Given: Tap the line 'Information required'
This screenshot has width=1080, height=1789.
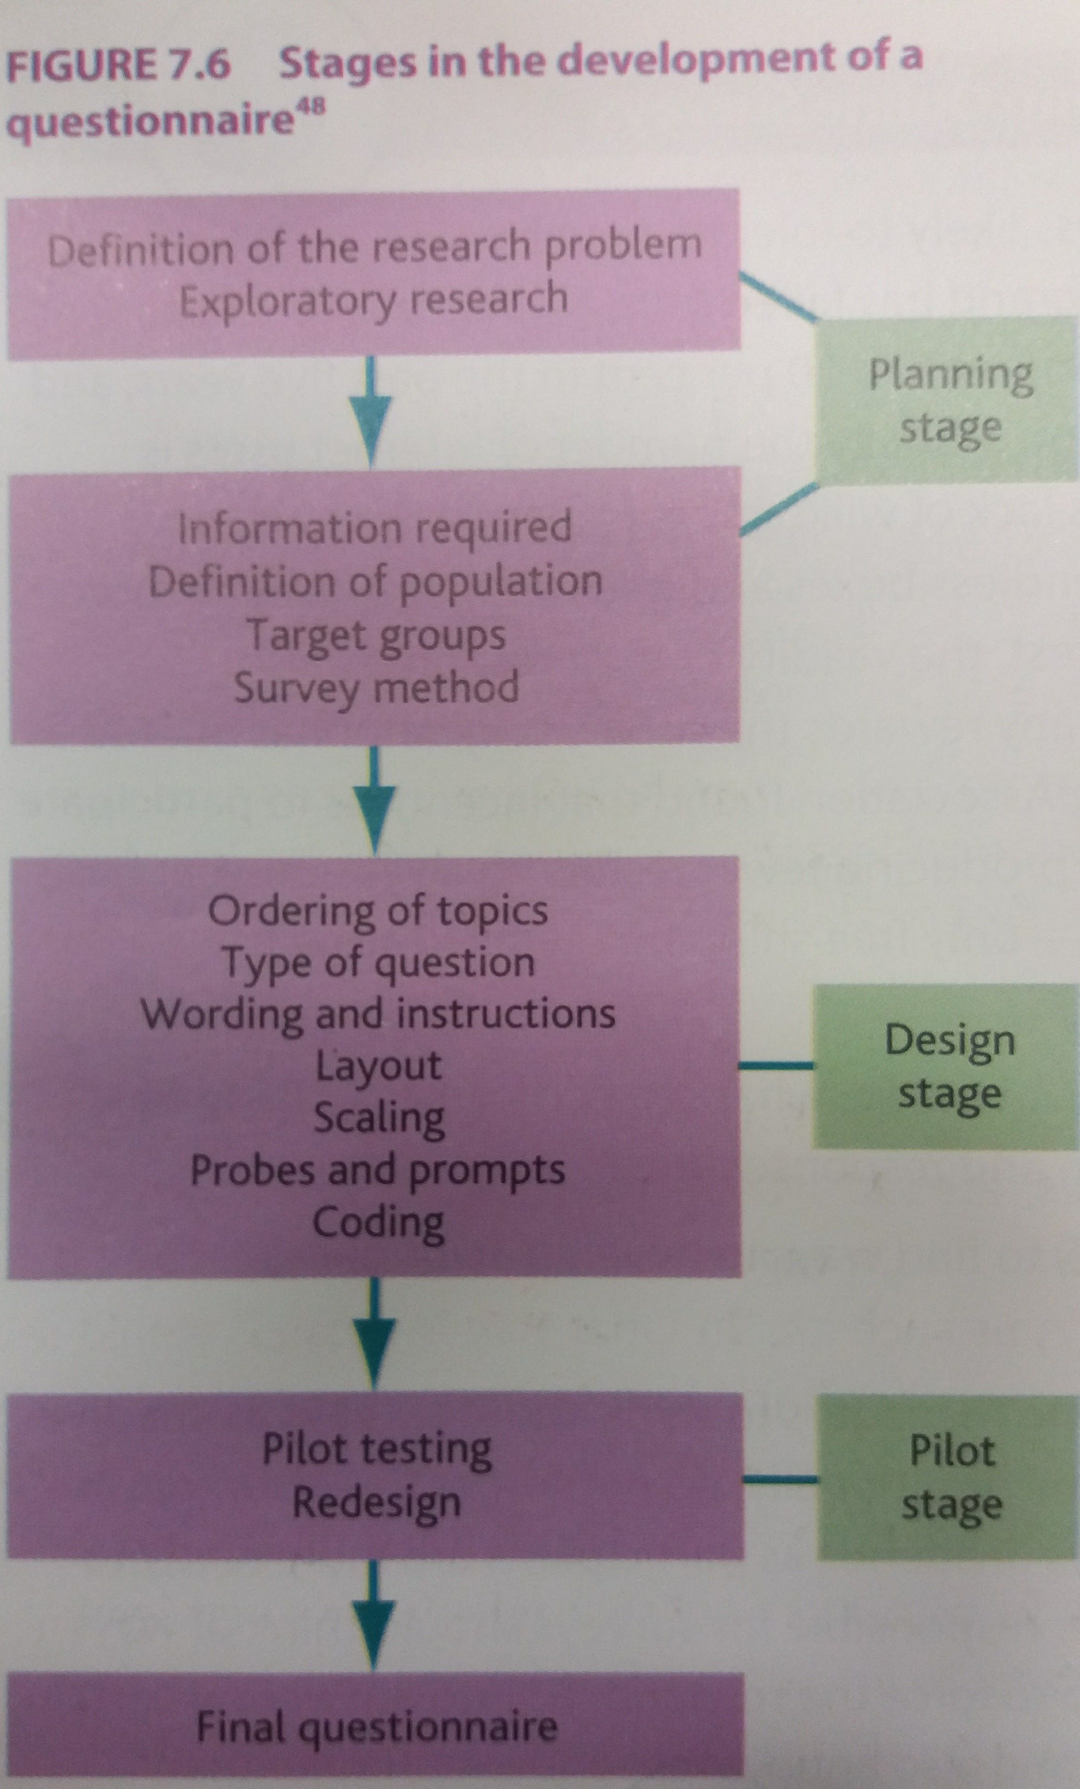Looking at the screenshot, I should pos(375,528).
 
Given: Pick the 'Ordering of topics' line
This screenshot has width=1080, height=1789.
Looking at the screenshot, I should pos(378,911).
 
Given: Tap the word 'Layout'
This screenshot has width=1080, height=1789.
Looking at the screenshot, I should pos(378,1066).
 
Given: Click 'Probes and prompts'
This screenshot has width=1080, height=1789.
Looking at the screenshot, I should pos(378,1171).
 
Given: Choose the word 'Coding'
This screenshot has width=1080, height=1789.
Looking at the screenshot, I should pos(378,1223).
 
